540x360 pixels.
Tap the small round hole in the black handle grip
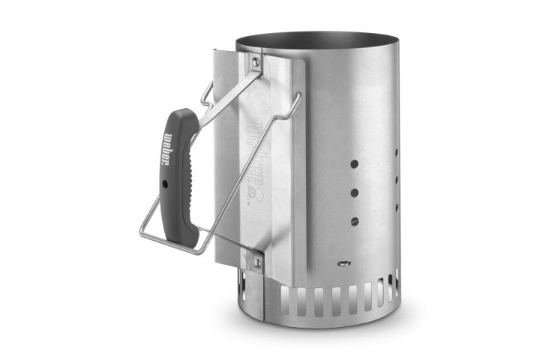165,184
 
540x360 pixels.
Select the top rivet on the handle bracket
255,61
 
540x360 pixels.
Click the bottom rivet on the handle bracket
256,262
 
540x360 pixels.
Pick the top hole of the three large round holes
354,164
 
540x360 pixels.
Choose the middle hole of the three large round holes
354,193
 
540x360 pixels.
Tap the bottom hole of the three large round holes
354,221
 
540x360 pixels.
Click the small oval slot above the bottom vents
344,263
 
